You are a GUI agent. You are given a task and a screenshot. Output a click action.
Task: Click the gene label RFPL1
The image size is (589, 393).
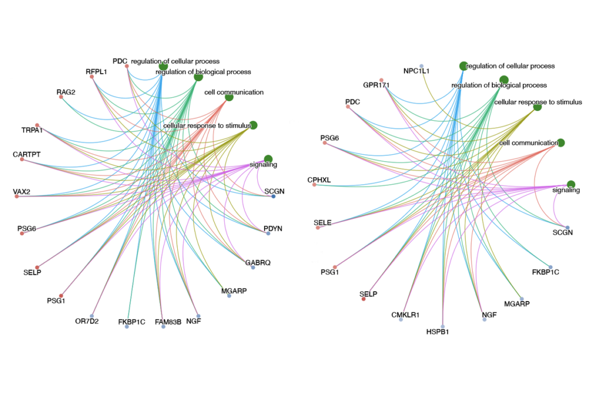coord(97,72)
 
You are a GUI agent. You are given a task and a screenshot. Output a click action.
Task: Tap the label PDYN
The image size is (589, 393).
coord(273,228)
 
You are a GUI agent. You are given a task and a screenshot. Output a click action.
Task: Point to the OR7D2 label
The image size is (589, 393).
coord(87,321)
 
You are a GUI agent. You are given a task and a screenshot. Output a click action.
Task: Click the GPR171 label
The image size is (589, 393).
coord(376,85)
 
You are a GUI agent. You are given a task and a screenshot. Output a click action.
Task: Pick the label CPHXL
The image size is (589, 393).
coord(319,180)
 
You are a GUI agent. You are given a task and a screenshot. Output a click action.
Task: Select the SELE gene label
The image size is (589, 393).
coord(323,222)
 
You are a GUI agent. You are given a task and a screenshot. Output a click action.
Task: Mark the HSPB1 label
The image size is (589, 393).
coord(438,331)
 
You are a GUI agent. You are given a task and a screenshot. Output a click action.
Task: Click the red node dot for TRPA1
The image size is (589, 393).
coord(37,125)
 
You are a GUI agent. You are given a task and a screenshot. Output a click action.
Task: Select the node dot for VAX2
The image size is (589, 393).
coord(17,197)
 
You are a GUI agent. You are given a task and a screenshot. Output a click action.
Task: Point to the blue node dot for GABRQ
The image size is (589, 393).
coord(253,268)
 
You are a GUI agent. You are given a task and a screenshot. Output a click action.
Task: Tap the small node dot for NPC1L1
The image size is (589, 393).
coord(422,66)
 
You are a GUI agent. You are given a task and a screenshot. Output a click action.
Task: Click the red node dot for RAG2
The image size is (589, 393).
coord(61,97)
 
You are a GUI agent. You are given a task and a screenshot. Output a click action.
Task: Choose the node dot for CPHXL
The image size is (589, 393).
coord(314,185)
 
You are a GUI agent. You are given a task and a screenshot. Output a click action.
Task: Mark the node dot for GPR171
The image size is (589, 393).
coord(381,80)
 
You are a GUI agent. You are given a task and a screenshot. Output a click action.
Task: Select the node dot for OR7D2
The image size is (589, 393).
coord(92,316)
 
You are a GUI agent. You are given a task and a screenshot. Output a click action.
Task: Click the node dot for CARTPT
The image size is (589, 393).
coord(22,159)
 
